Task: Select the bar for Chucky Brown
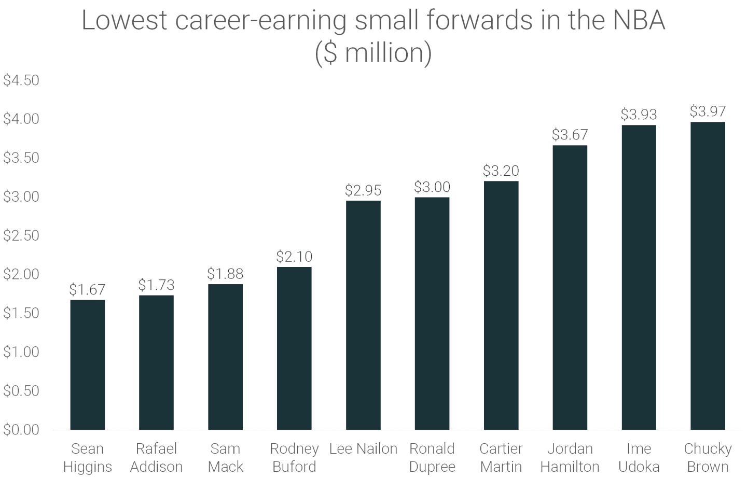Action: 708,276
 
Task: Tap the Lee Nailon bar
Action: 363,315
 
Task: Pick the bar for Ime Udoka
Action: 639,277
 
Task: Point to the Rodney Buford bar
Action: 294,348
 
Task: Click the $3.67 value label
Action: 570,135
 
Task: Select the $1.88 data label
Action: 225,274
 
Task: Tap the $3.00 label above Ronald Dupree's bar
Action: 432,187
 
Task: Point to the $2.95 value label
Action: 363,190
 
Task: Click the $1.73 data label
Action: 156,285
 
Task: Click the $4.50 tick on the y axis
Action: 21,80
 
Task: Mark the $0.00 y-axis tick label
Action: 21,430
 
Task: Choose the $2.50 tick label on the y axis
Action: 21,235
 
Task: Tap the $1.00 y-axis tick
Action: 21,352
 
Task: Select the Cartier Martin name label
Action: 501,457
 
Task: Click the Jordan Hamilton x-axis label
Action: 570,457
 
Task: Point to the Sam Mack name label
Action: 225,457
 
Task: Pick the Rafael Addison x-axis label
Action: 156,457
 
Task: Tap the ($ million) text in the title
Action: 374,53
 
